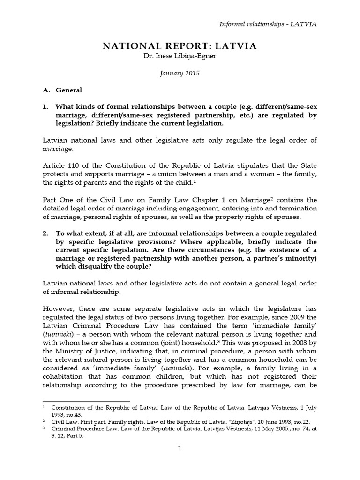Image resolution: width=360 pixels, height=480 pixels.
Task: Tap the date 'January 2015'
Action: click(180, 74)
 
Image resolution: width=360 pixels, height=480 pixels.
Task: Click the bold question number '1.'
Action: click(45, 106)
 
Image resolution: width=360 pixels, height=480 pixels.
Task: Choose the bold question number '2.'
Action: click(45, 233)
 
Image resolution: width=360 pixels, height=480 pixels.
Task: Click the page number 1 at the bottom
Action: click(180, 448)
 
